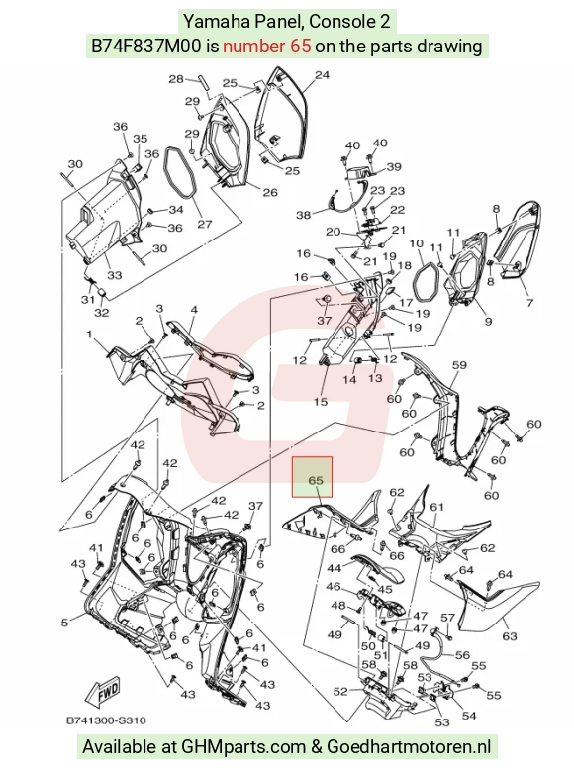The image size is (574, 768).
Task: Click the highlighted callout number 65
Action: pyautogui.click(x=316, y=480)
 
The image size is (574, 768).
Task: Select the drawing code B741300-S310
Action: pyautogui.click(x=106, y=720)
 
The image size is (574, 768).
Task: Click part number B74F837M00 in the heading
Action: pyautogui.click(x=145, y=47)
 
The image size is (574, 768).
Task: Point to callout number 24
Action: pyautogui.click(x=322, y=75)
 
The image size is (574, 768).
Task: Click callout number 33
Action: pyautogui.click(x=114, y=275)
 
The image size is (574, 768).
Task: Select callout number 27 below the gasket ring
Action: pyautogui.click(x=205, y=224)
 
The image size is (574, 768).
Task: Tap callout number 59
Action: pyautogui.click(x=459, y=365)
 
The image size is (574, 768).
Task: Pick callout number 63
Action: pyautogui.click(x=510, y=636)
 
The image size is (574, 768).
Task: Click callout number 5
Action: pyautogui.click(x=64, y=623)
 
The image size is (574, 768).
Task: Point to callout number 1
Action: pyautogui.click(x=90, y=335)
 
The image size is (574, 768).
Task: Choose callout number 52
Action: pyautogui.click(x=340, y=691)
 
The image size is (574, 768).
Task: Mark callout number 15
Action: pyautogui.click(x=321, y=402)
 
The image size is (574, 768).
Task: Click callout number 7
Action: pyautogui.click(x=529, y=303)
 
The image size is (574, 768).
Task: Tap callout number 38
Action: pyautogui.click(x=304, y=215)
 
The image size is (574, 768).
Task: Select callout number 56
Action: pyautogui.click(x=462, y=655)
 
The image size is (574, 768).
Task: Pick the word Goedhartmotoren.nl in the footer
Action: pyautogui.click(x=409, y=746)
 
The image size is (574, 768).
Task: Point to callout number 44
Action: pyautogui.click(x=335, y=568)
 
